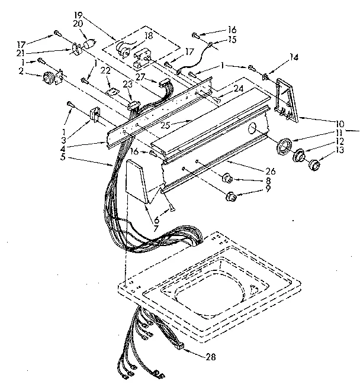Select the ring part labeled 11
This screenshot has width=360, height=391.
(x=285, y=145)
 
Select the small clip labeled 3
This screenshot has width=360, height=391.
(x=93, y=114)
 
